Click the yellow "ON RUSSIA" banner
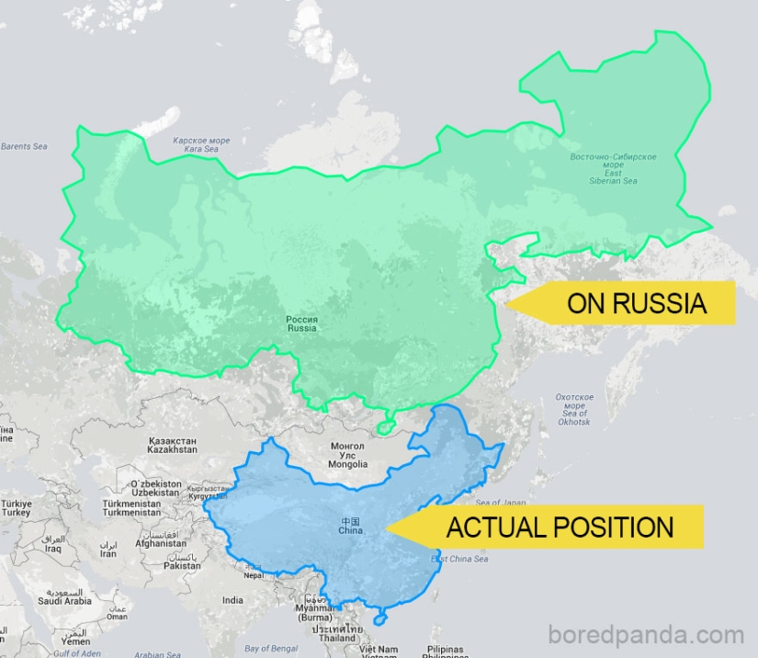(634, 304)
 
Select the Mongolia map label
(347, 455)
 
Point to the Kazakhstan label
(172, 446)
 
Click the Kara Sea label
(201, 144)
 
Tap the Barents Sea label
(24, 146)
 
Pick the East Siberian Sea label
(613, 168)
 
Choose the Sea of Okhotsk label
(574, 409)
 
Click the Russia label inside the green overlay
(301, 323)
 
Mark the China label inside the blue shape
(350, 526)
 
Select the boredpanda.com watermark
(645, 635)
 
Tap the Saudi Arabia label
(64, 597)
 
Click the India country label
(233, 600)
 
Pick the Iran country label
(108, 550)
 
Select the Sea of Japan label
(501, 503)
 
